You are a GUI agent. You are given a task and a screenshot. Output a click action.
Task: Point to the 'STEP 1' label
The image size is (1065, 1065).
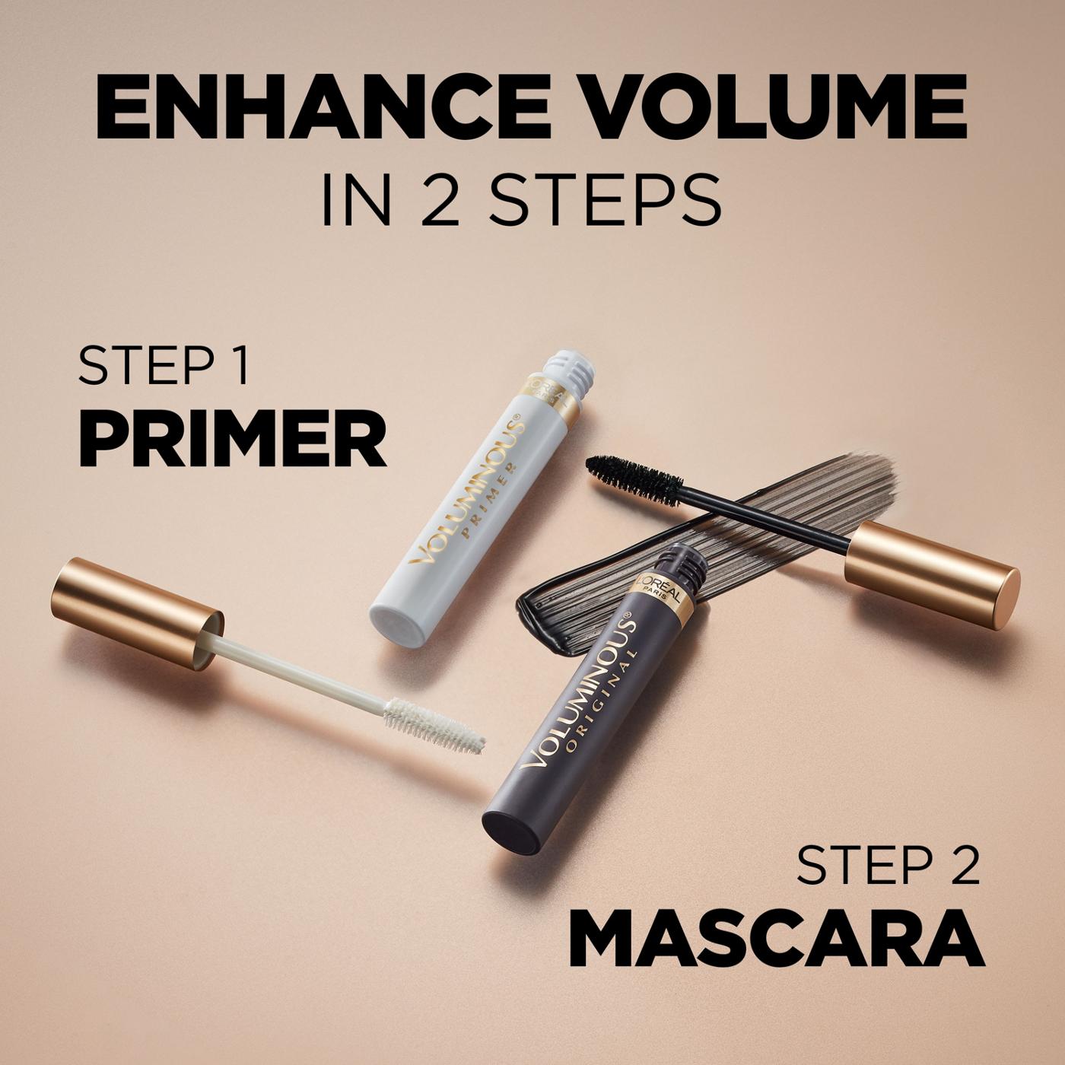[164, 367]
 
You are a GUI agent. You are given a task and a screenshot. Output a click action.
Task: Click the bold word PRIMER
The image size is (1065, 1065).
[232, 442]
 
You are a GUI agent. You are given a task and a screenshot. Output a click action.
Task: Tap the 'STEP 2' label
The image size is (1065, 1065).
[888, 866]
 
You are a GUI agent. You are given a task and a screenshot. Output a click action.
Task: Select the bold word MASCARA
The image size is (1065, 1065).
[776, 940]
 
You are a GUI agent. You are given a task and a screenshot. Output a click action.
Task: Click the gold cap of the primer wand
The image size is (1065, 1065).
[137, 613]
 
